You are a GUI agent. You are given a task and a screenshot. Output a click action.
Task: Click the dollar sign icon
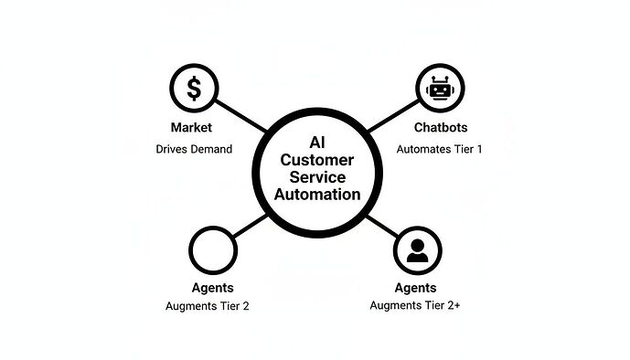[x=193, y=89]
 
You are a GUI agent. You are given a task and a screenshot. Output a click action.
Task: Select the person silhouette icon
[x=417, y=249]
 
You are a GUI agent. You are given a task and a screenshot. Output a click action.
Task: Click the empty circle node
[x=213, y=249]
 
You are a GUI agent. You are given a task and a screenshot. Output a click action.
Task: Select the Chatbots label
[x=440, y=127]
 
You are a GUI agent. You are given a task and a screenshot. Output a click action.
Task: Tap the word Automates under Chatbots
[x=422, y=148]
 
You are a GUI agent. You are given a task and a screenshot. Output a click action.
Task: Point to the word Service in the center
[x=315, y=176]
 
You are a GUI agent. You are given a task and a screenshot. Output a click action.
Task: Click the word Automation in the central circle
[x=315, y=195]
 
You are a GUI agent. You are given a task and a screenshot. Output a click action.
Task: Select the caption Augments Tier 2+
[x=414, y=305]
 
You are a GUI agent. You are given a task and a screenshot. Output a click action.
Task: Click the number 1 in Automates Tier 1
[x=479, y=148]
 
